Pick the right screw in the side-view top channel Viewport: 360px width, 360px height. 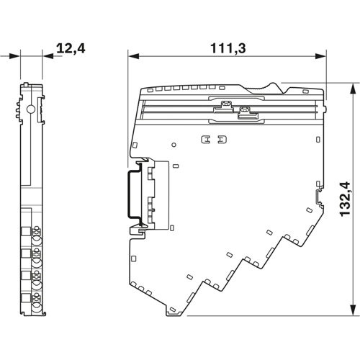[243, 112]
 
